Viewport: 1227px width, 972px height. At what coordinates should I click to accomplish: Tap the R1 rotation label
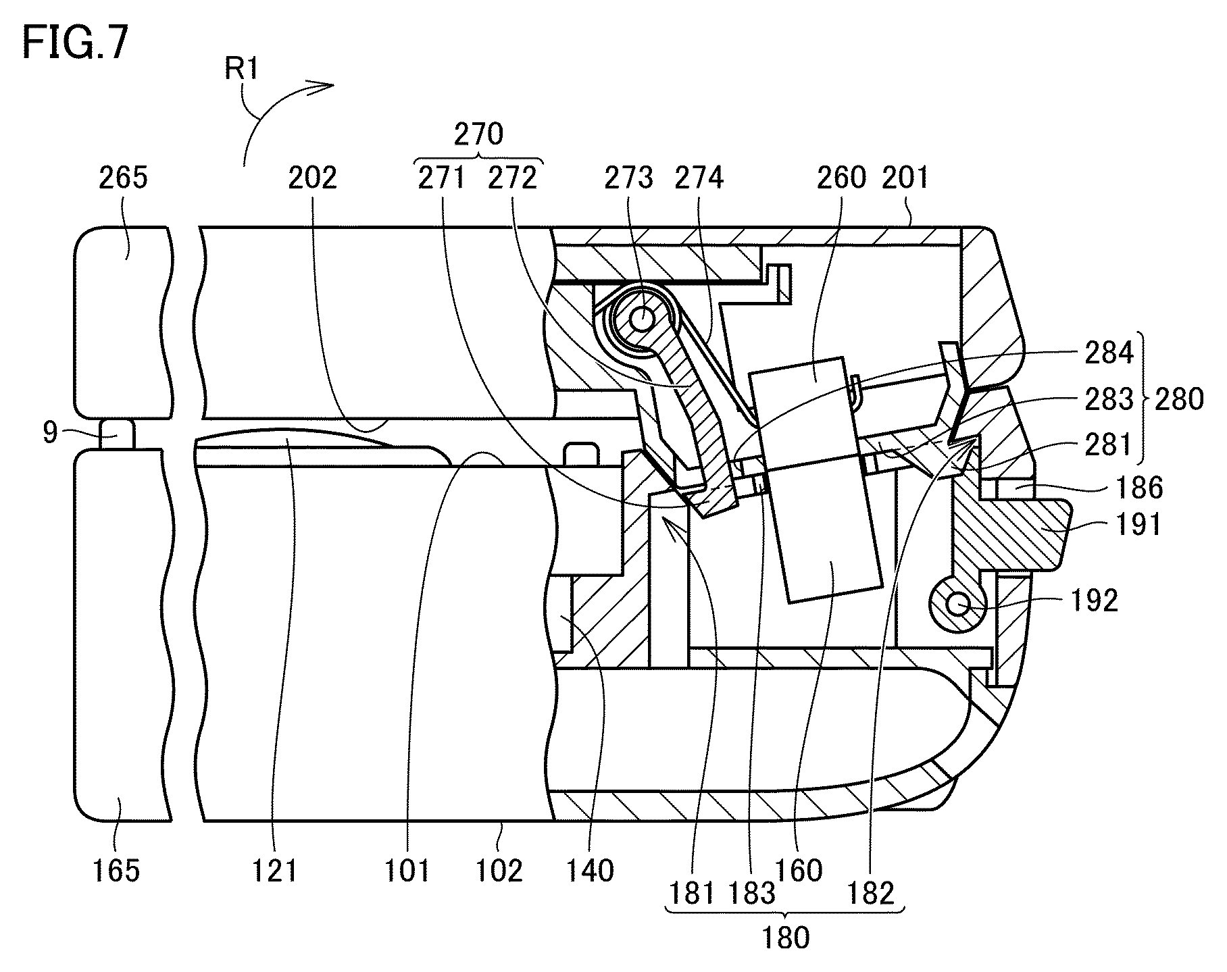point(242,69)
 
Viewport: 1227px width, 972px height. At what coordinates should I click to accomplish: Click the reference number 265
point(123,178)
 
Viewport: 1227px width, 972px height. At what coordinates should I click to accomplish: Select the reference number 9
point(50,433)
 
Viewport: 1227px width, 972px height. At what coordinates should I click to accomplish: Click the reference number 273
point(628,178)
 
